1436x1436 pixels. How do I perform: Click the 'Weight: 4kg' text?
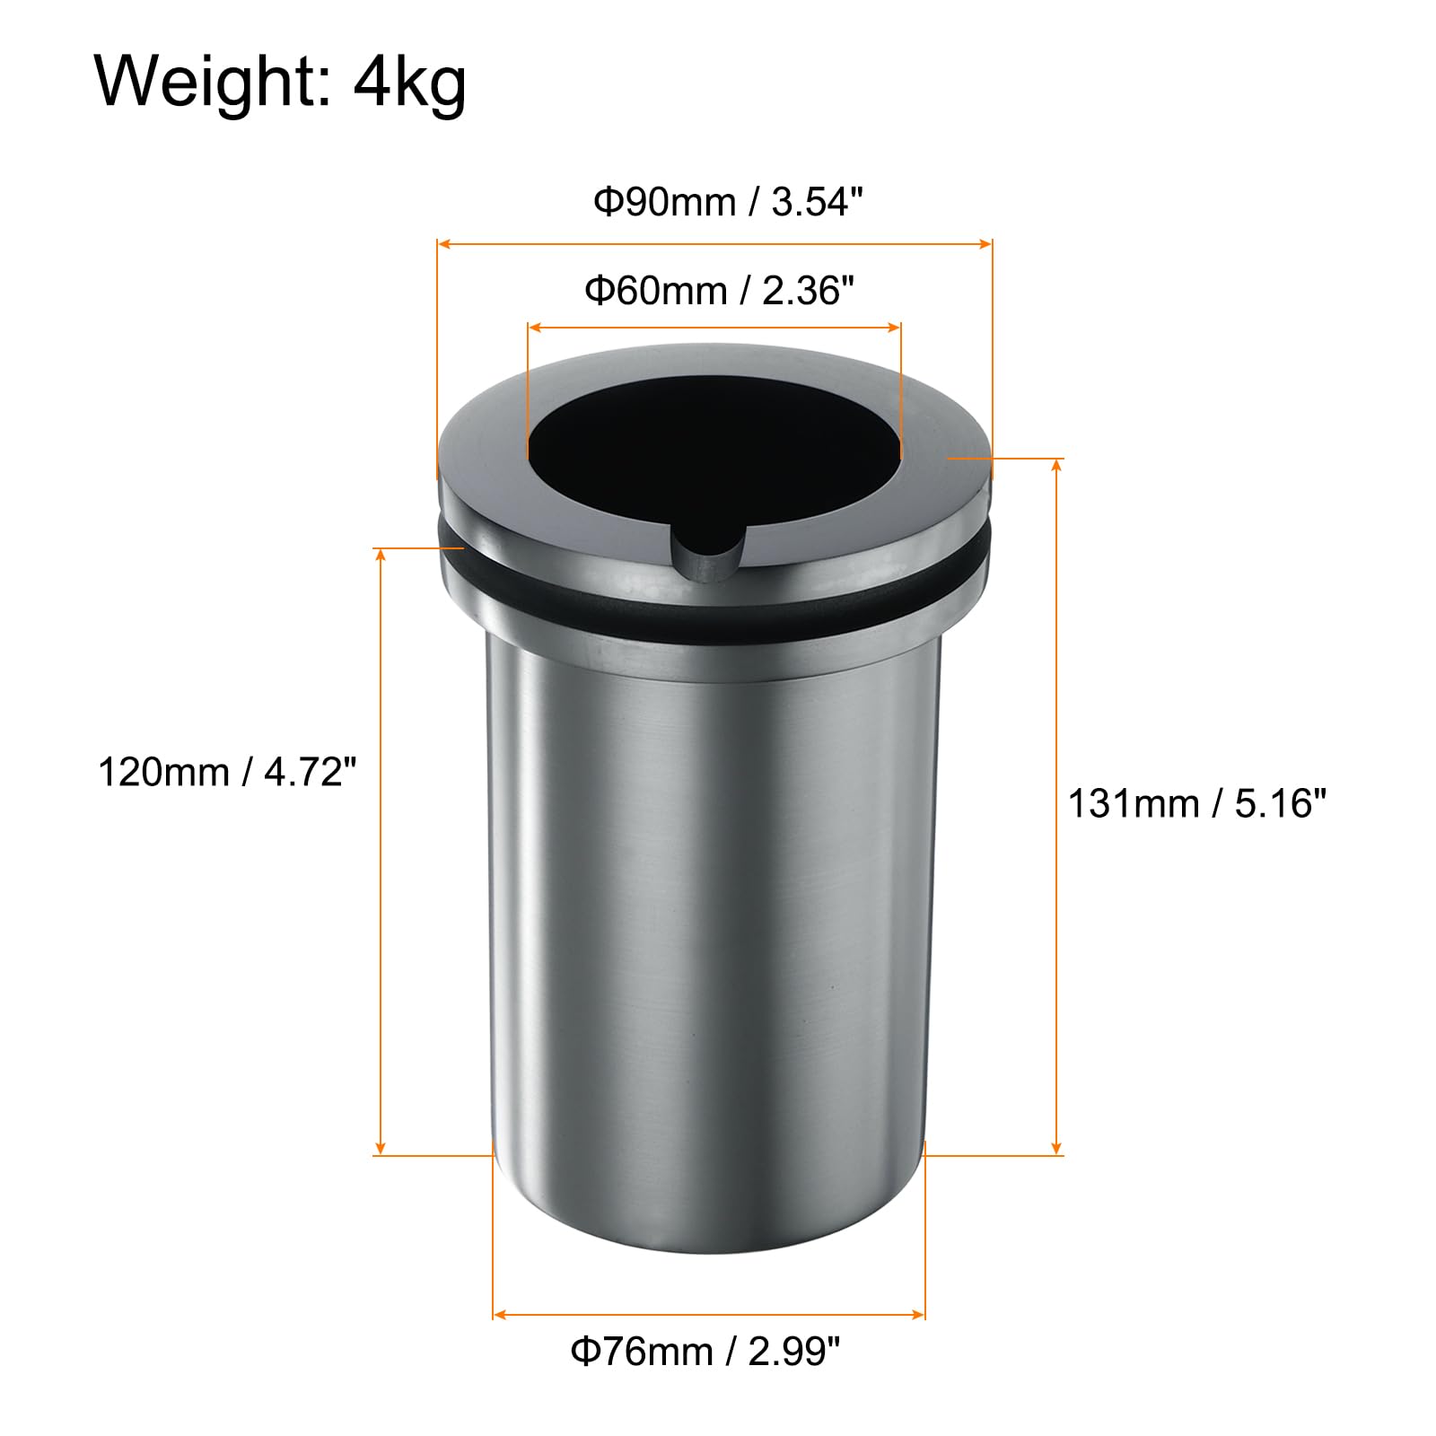(x=281, y=83)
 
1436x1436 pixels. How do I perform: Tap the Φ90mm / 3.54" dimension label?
(x=728, y=202)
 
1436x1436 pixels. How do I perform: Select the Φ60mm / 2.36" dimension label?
(x=719, y=290)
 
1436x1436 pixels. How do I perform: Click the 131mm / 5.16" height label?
(x=1196, y=803)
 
